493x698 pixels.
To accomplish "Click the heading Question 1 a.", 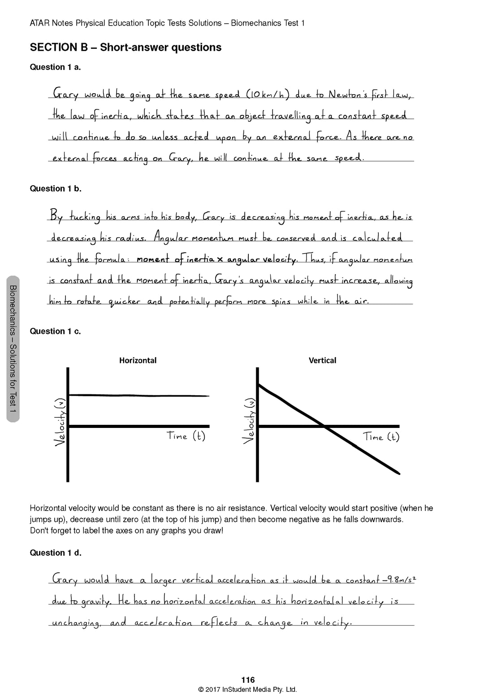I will [55, 67].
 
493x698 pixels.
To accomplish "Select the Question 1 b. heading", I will [56, 189].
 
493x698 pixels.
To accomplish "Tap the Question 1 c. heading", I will [55, 332].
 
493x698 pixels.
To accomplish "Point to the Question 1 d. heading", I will [56, 553].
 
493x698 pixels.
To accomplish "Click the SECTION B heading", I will [125, 48].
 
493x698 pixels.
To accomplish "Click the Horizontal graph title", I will [138, 360].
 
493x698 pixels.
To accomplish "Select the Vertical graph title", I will [322, 360].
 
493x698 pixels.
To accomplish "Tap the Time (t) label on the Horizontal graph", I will [186, 436].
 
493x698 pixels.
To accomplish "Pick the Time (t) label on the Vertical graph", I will [381, 437].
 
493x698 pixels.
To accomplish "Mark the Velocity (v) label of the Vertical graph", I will [250, 422].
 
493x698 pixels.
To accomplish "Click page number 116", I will [248, 680].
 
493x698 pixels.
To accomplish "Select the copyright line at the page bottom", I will [247, 689].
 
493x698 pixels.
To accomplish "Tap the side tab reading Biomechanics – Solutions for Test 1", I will [13, 349].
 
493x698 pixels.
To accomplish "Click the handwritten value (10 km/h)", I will [268, 95].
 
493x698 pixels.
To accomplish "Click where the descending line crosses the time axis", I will [324, 426].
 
